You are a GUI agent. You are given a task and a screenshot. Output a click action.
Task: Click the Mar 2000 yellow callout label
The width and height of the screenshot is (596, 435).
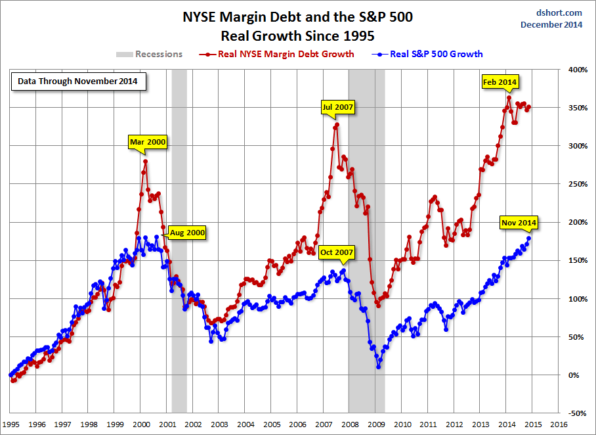[x=148, y=141]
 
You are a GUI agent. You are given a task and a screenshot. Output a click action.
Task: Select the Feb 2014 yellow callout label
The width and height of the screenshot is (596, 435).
[x=500, y=81]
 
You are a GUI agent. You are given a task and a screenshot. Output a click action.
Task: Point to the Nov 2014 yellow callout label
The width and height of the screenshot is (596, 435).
[x=519, y=223]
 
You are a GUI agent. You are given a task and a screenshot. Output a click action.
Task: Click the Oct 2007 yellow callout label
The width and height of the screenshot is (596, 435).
[x=337, y=252]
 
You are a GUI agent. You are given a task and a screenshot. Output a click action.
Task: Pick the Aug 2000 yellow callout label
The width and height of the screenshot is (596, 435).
[x=187, y=232]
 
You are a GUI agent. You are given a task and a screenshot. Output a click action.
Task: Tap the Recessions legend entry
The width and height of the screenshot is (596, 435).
[x=150, y=54]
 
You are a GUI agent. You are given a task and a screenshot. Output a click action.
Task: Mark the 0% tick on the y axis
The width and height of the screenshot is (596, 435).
[x=576, y=375]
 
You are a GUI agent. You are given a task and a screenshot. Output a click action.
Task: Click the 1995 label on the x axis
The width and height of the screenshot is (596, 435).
[x=11, y=424]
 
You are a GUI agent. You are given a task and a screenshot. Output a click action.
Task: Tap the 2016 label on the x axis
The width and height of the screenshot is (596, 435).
[x=559, y=424]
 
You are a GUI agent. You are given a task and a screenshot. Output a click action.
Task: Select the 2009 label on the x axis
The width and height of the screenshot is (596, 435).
[x=376, y=424]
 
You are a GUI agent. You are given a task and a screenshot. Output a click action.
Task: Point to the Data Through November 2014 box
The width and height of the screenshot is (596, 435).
[x=78, y=83]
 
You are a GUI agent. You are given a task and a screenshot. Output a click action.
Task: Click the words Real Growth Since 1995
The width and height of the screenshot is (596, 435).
[x=297, y=35]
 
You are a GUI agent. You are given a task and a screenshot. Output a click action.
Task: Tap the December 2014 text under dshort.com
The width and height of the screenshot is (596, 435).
[x=551, y=24]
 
